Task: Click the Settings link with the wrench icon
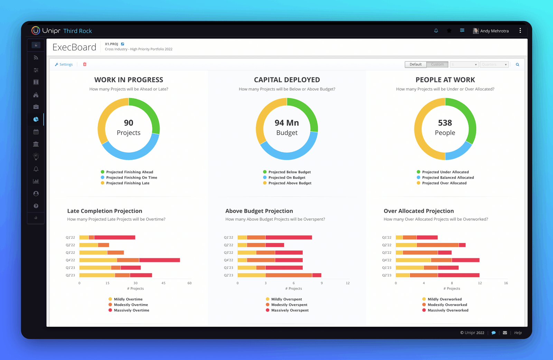point(64,65)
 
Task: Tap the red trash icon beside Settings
point(85,64)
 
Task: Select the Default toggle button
point(415,65)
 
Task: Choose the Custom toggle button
point(437,65)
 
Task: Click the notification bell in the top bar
point(436,31)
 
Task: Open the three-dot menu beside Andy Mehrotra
point(520,31)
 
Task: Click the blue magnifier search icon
point(517,65)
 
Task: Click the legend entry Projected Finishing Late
point(128,183)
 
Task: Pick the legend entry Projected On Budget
point(287,178)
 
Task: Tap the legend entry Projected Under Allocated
point(445,172)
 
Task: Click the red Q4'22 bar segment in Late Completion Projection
point(159,260)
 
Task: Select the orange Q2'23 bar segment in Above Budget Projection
point(289,275)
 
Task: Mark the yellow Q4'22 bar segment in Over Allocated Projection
point(413,260)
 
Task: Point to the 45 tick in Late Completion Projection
point(163,283)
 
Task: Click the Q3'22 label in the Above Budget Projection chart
point(228,253)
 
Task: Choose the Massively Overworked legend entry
point(448,310)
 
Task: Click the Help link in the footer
point(518,333)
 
